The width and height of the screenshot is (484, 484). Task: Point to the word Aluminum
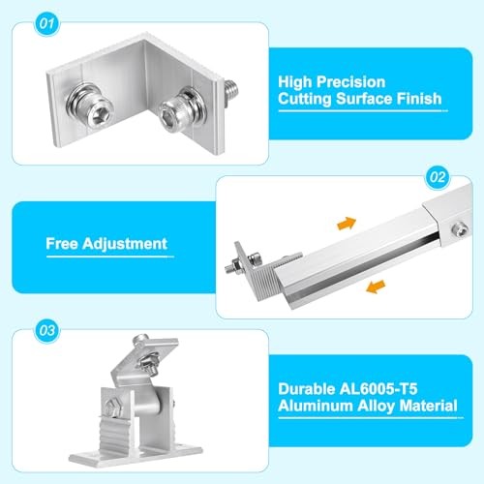click(316, 406)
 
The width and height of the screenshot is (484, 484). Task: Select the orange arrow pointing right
click(346, 225)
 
